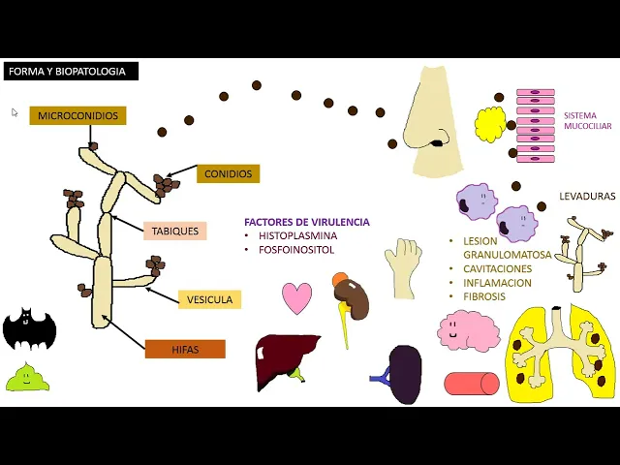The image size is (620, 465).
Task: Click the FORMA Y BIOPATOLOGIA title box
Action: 72,71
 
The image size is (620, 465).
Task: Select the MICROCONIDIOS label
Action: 78,116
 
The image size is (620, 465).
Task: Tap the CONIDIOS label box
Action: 229,174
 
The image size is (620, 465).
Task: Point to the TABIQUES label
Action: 175,232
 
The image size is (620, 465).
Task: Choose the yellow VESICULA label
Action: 209,299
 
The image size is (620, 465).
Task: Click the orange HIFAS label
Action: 185,349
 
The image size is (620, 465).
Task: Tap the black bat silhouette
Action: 29,330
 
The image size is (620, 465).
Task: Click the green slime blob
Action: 27,378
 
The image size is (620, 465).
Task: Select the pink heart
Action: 297,297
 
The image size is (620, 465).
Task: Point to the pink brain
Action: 468,330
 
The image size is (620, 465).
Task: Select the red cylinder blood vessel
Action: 472,384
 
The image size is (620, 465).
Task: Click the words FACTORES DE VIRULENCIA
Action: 307,222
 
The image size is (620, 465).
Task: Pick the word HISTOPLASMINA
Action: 298,235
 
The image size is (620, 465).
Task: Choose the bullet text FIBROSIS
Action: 484,296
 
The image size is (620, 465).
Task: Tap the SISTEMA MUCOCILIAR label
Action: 587,120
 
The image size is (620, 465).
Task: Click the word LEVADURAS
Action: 587,196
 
